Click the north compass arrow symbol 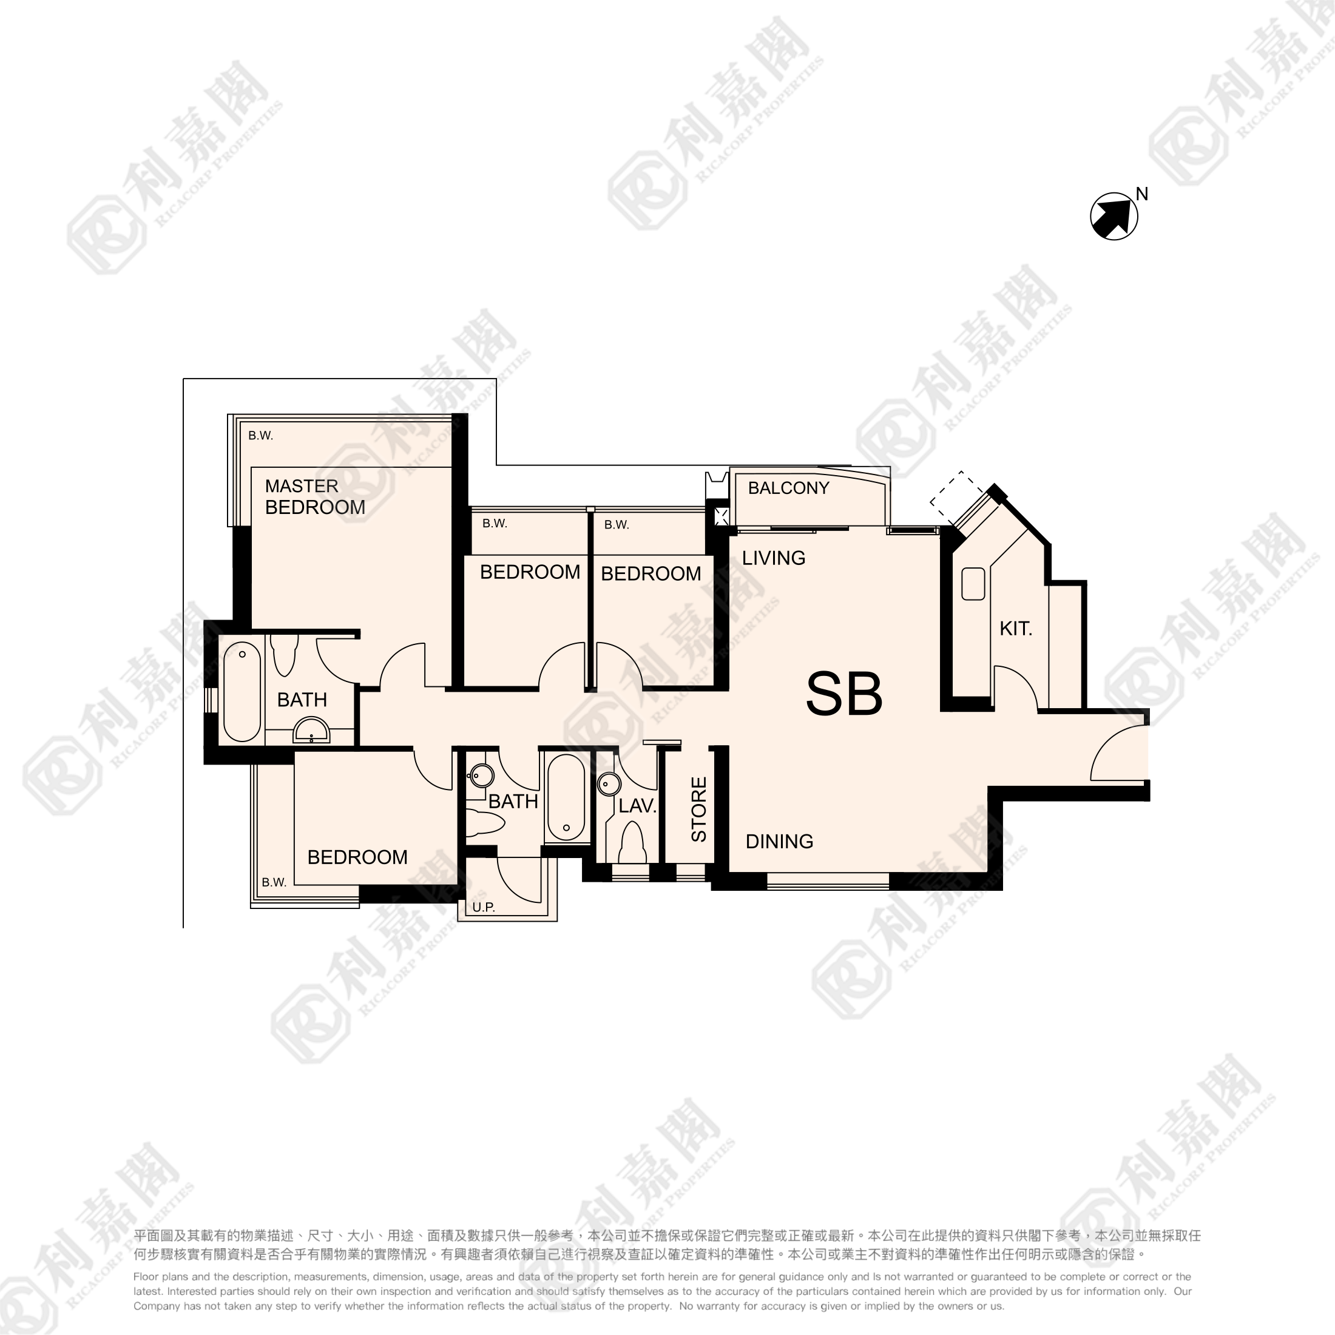point(1114,216)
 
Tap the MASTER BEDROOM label point(315,497)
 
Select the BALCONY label point(788,488)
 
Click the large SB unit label point(845,694)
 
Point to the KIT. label point(1016,629)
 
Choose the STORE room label point(698,809)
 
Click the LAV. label point(637,806)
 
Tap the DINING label point(779,841)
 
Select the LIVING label point(774,558)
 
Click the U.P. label point(484,907)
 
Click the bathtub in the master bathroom point(242,692)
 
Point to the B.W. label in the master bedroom point(260,435)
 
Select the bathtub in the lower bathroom point(566,797)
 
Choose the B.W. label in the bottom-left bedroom point(274,882)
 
